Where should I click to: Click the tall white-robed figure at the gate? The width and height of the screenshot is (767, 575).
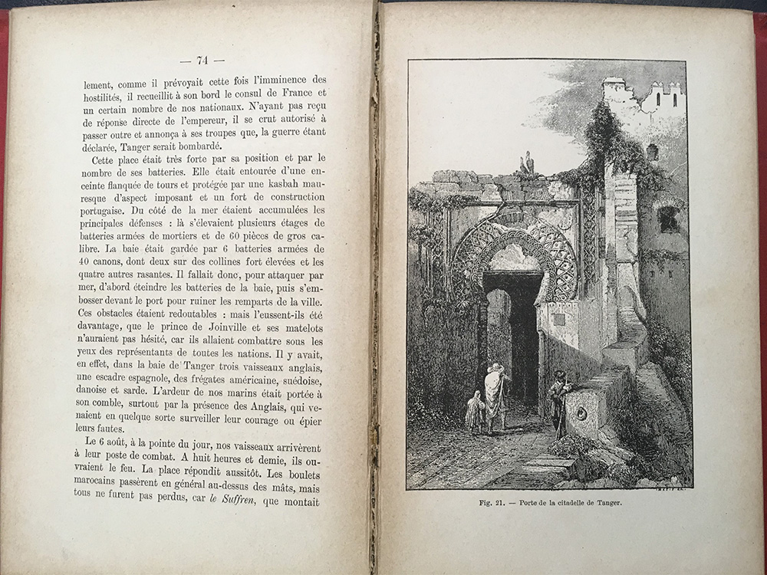click(x=495, y=395)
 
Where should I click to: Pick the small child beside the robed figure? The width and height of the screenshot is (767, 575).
click(x=476, y=412)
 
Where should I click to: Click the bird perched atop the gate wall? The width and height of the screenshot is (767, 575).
click(x=527, y=163)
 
